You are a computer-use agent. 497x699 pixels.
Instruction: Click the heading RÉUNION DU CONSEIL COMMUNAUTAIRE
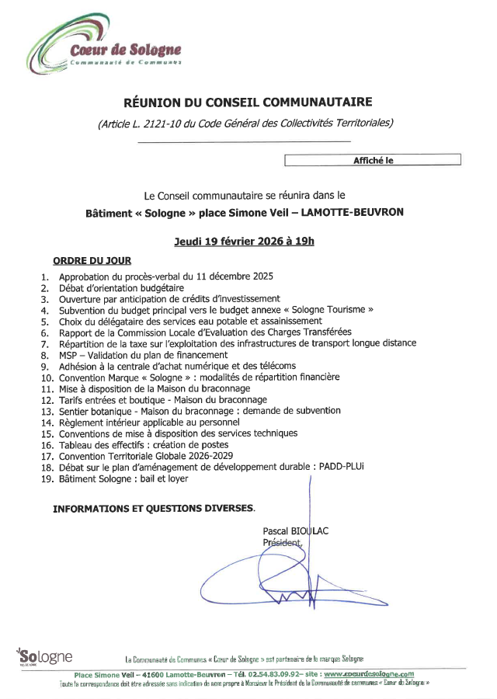pos(248,102)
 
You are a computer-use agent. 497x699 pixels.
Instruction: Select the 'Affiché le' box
pos(372,160)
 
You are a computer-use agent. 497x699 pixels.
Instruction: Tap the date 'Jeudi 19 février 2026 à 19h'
pos(245,241)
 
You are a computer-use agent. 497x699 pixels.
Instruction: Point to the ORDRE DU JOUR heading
pos(92,261)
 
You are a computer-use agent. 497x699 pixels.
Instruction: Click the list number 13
pos(46,411)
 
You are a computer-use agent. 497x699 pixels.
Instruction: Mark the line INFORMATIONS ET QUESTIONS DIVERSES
pos(153,509)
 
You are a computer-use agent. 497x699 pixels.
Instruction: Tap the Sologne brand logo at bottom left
pos(44,656)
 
